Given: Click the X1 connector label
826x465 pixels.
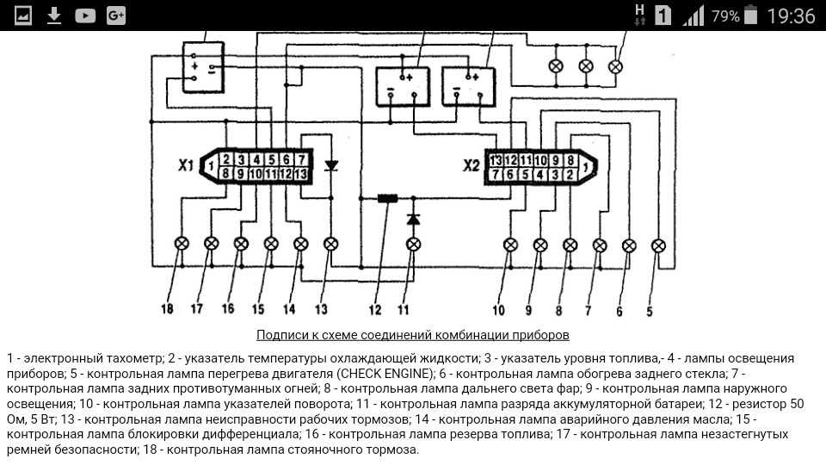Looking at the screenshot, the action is pyautogui.click(x=186, y=165).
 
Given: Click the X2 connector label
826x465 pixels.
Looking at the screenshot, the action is pyautogui.click(x=472, y=166).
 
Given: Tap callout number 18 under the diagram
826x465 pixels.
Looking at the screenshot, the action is pyautogui.click(x=167, y=308).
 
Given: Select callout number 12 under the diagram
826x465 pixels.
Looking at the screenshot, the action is pyautogui.click(x=374, y=309).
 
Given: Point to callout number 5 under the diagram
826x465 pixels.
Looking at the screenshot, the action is pyautogui.click(x=650, y=312).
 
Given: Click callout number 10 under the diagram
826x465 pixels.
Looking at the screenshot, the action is pyautogui.click(x=498, y=310).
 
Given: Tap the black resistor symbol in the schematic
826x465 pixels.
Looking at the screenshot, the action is pyautogui.click(x=388, y=199).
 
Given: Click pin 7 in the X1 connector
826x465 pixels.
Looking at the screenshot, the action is pyautogui.click(x=301, y=159).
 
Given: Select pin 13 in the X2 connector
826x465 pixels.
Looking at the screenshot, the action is pyautogui.click(x=496, y=160).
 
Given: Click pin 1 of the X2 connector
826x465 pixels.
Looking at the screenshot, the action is pyautogui.click(x=585, y=167).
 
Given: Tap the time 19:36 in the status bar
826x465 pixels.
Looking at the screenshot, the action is pyautogui.click(x=791, y=15).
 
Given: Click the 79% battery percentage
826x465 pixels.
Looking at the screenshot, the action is pyautogui.click(x=725, y=16).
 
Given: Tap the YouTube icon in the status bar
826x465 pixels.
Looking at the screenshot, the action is pyautogui.click(x=85, y=15).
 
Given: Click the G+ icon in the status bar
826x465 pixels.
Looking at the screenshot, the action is pyautogui.click(x=116, y=15).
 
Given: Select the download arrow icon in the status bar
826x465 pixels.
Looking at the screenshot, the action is pyautogui.click(x=53, y=15).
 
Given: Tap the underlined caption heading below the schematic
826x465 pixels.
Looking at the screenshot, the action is pyautogui.click(x=413, y=335).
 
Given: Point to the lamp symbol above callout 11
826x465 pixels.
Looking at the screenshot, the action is pyautogui.click(x=414, y=244).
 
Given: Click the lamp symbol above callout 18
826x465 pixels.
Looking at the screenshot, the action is pyautogui.click(x=182, y=244).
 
